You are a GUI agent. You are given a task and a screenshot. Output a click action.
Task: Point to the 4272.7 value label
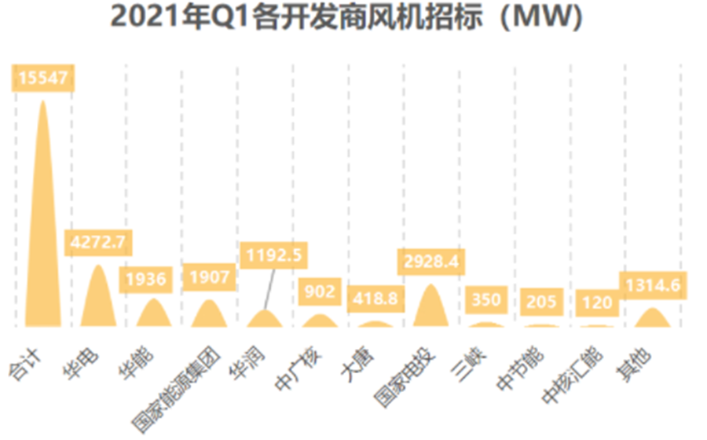pyautogui.click(x=98, y=243)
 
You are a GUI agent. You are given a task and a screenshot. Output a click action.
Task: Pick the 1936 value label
pyautogui.click(x=147, y=280)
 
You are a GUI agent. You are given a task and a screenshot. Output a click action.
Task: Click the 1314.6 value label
pyautogui.click(x=652, y=286)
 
